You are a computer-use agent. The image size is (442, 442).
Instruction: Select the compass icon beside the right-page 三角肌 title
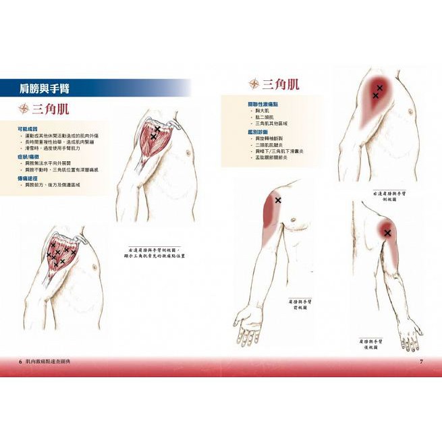click(x=254, y=84)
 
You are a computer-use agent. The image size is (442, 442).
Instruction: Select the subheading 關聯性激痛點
click(x=262, y=104)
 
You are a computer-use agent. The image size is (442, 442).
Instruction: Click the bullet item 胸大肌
click(x=263, y=111)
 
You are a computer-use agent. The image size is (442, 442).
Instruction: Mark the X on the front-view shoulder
click(x=278, y=200)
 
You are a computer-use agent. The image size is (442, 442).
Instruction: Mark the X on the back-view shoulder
click(x=387, y=233)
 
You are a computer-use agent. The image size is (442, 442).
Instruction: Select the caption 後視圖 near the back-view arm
click(x=371, y=348)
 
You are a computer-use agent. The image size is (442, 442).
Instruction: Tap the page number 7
click(x=421, y=362)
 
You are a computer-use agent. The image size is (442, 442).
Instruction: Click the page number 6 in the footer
click(x=20, y=362)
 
